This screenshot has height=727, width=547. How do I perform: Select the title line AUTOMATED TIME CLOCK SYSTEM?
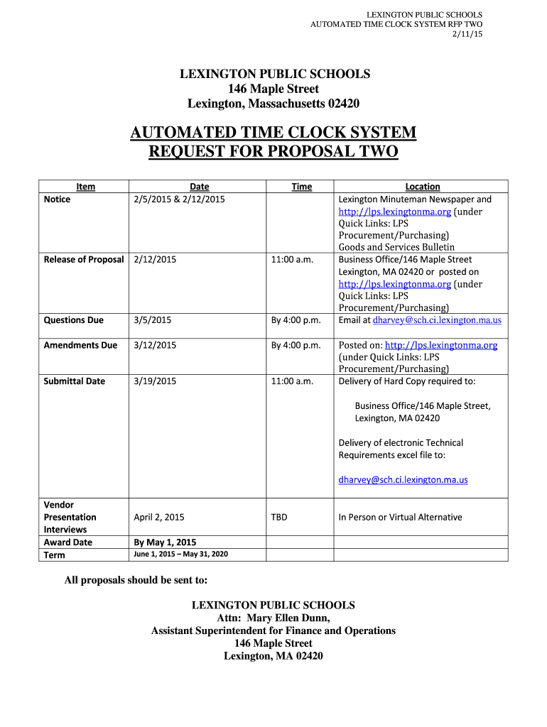273,133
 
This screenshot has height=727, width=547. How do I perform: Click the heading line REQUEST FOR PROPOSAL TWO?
273,152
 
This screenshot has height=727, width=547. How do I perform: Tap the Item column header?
85,187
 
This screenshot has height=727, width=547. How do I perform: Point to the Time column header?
301,187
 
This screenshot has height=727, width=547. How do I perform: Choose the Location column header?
423,187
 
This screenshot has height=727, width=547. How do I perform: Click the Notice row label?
58,199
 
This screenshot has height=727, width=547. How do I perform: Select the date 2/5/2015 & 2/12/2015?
179,199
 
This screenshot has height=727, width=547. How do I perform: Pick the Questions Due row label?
74,320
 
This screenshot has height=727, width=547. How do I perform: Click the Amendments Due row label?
80,345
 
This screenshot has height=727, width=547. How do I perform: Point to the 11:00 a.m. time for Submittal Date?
292,381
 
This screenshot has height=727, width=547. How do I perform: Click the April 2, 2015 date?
159,517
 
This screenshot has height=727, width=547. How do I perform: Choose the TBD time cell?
279,517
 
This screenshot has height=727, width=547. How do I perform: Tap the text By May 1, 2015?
165,542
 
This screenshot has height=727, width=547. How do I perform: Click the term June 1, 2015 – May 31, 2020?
180,554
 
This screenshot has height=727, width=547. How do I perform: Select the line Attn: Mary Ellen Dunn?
273,618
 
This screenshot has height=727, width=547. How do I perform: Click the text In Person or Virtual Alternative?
400,517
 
